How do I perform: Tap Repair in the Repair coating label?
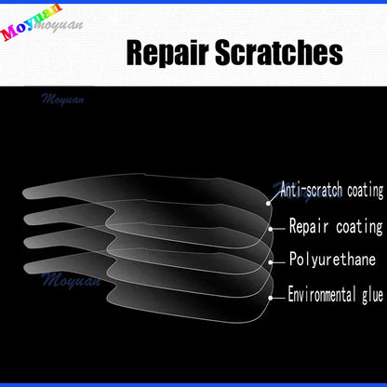click(x=310, y=225)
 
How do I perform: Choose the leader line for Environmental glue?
click(x=274, y=296)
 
